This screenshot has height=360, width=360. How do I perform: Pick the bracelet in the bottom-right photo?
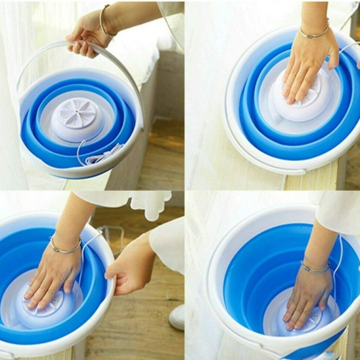point(315,268)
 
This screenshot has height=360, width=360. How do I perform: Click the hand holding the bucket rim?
point(128,277)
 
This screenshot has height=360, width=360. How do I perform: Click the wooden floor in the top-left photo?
point(163,160)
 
